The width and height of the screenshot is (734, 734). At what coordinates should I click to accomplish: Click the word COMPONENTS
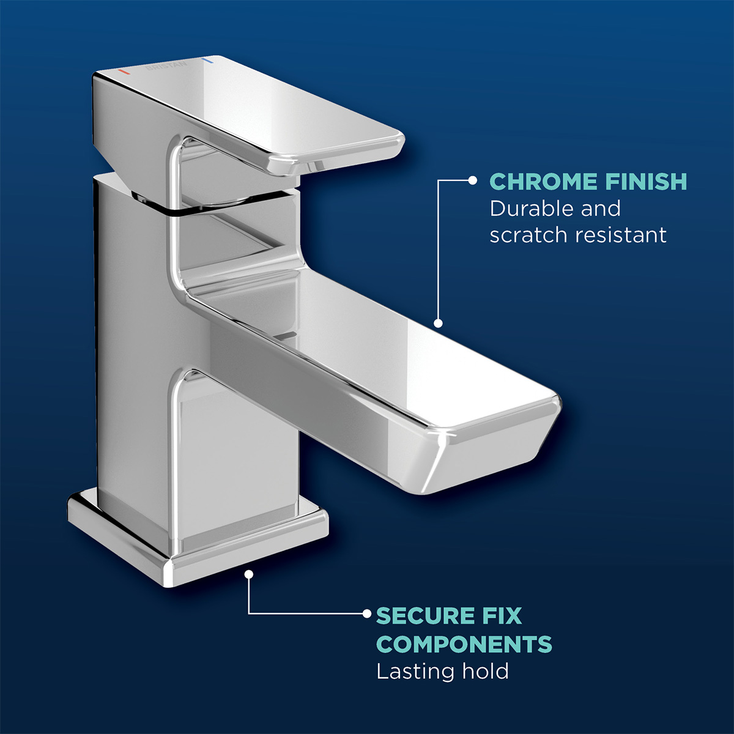(464, 644)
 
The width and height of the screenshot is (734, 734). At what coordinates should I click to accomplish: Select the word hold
(485, 672)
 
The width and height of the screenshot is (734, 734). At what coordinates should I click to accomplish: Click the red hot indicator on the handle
(124, 72)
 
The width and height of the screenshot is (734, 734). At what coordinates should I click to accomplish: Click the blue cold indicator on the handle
(208, 62)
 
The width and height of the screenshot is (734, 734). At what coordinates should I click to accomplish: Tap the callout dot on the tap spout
(438, 323)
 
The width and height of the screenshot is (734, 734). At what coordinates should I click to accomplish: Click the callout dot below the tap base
(248, 574)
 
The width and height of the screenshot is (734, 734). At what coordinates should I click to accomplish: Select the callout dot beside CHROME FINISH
(472, 180)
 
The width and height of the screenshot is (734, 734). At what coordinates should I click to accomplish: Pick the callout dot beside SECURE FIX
(367, 613)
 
